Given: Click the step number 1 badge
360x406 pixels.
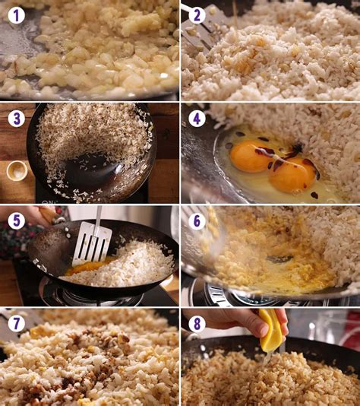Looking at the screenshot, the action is (x=17, y=15).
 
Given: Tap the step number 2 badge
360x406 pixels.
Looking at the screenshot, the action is (x=197, y=15).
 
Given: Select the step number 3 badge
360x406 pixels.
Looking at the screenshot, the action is (x=17, y=119).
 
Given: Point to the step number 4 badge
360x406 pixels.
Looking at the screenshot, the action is (x=197, y=119).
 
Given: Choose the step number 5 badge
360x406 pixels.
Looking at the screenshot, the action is (x=17, y=220).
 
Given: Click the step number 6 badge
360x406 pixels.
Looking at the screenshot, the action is (x=197, y=220).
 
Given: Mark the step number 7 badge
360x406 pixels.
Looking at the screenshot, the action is (x=17, y=324).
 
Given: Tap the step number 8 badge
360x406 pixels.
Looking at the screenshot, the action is (x=197, y=324).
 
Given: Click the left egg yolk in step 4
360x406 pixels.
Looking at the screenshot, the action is (x=249, y=157).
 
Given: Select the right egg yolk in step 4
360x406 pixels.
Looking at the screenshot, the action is (x=292, y=176).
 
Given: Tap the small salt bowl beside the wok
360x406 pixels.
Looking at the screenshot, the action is (x=17, y=170).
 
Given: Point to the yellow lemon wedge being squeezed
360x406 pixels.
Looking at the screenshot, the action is (x=270, y=330).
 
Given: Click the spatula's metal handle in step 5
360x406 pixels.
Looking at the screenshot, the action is (x=99, y=218).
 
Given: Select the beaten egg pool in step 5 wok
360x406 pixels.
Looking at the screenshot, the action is (x=87, y=268).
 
